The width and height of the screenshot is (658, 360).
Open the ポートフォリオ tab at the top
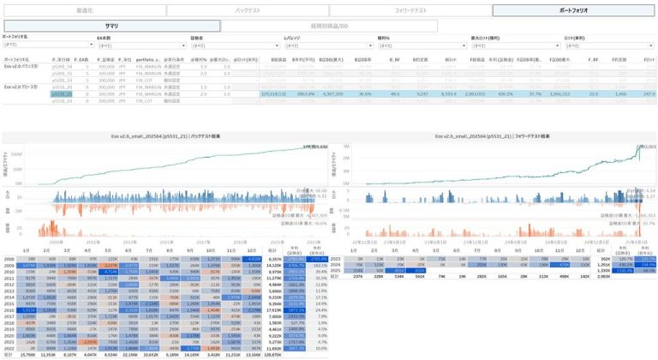click(x=574, y=10)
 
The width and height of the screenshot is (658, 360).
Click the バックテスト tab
click(x=248, y=10)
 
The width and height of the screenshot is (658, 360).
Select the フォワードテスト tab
click(x=410, y=10)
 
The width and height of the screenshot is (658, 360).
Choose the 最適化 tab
click(x=84, y=10)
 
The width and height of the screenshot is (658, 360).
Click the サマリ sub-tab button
click(x=111, y=27)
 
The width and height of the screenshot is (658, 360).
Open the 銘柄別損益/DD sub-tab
click(x=330, y=27)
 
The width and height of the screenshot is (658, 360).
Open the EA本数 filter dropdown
click(x=137, y=45)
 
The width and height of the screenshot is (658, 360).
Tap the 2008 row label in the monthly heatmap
click(x=9, y=257)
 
